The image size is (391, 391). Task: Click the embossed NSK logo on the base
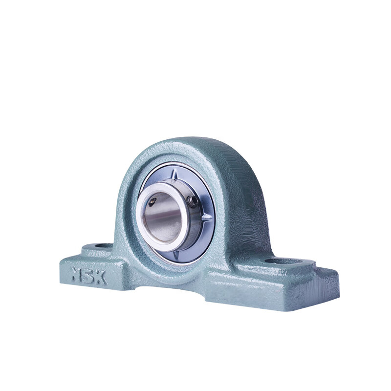[x=89, y=275]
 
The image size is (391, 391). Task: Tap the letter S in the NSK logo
[x=88, y=275]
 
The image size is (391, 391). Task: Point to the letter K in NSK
[x=101, y=277]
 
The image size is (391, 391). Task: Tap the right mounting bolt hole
[x=283, y=261]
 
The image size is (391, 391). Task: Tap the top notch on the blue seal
[x=174, y=174]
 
